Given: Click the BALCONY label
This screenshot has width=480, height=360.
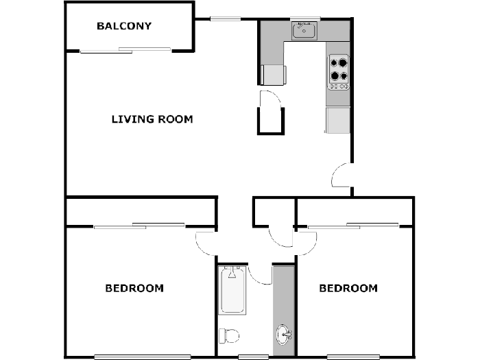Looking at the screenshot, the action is point(124,26).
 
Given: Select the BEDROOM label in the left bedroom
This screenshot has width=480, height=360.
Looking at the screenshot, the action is point(134,288).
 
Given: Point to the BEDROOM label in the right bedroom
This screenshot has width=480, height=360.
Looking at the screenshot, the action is point(348,288).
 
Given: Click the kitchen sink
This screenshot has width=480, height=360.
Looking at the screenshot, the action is point(304,31).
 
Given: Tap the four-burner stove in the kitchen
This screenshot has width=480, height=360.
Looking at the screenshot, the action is point(339,72).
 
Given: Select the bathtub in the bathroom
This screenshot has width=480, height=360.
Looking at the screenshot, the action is point(232,290).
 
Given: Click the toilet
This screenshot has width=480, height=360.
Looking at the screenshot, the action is point(229,336).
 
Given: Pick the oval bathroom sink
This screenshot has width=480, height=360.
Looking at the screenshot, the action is point(284,335).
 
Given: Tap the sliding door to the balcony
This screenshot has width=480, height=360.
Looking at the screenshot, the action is point(125,51).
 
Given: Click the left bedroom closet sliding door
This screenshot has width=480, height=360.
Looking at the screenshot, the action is point(139,226).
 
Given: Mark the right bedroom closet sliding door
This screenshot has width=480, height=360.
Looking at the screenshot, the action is point(353,226).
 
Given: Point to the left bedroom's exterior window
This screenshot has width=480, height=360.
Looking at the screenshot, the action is point(143,357).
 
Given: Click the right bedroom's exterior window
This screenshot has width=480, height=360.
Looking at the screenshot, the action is point(353,357).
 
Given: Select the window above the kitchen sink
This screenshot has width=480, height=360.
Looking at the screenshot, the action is point(305,19).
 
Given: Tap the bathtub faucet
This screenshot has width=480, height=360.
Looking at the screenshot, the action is point(232,272).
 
